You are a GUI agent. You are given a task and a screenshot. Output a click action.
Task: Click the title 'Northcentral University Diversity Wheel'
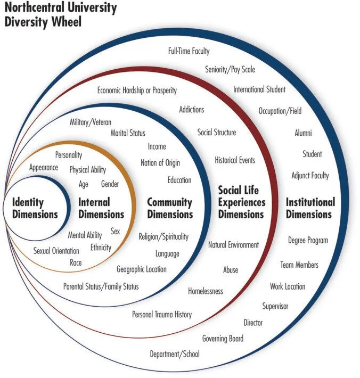pos(60,15)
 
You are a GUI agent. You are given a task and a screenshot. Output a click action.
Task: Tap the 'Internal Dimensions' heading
pos(101,208)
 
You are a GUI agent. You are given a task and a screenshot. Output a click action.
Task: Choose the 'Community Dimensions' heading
pos(170,208)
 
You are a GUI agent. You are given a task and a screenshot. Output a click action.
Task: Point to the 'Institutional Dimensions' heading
pos(310,208)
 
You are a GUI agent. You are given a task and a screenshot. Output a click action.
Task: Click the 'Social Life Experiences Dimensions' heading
pos(241,202)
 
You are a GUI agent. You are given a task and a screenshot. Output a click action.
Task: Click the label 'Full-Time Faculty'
pos(189,52)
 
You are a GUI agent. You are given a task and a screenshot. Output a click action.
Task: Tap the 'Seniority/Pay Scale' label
pos(230,69)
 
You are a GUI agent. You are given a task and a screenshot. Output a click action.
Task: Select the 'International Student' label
pos(259,89)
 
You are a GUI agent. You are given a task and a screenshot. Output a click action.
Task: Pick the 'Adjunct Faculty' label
pos(310,175)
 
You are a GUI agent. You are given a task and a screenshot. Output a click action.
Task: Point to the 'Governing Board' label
pos(223,338)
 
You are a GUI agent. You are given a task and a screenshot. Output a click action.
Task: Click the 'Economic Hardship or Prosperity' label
pos(137,91)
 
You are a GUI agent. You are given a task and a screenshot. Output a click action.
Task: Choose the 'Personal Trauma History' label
pos(162,314)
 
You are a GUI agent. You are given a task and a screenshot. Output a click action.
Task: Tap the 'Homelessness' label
pos(206,291)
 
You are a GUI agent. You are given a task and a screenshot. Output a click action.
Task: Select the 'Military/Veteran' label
pos(91,122)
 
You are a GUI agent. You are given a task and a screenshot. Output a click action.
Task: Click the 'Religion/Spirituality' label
pos(163,236)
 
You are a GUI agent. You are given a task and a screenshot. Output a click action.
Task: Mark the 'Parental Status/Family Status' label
pos(101,286)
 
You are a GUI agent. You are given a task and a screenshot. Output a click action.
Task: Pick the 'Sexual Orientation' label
pos(56,251)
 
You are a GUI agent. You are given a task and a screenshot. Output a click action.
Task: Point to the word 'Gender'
pos(110,184)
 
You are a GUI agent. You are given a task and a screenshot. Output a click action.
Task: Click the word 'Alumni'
pos(303,133)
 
